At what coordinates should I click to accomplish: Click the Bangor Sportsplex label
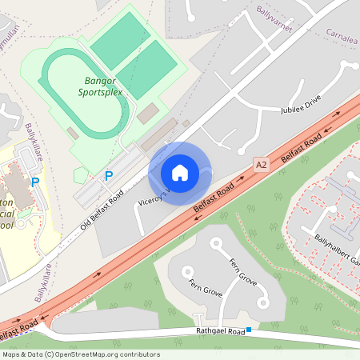pyautogui.click(x=101, y=86)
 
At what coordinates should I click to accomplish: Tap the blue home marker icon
pyautogui.click(x=180, y=173)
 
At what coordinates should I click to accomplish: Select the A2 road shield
pyautogui.click(x=261, y=164)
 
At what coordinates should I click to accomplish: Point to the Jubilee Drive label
pyautogui.click(x=300, y=103)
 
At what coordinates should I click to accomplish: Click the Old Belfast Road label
pyautogui.click(x=102, y=210)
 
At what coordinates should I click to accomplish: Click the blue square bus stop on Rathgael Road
pyautogui.click(x=250, y=330)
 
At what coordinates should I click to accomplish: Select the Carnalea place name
pyautogui.click(x=342, y=34)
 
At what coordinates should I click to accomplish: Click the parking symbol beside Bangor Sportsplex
pyautogui.click(x=109, y=176)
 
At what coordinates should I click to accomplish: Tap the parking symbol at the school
pyautogui.click(x=34, y=182)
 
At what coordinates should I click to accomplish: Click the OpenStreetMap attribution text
pyautogui.click(x=80, y=354)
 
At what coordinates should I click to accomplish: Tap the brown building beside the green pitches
pyautogui.click(x=146, y=114)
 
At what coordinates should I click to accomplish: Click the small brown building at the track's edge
pyautogui.click(x=73, y=133)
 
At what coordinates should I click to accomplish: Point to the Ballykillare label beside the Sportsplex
pyautogui.click(x=33, y=142)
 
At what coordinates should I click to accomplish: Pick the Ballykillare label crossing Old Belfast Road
pyautogui.click(x=44, y=282)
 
